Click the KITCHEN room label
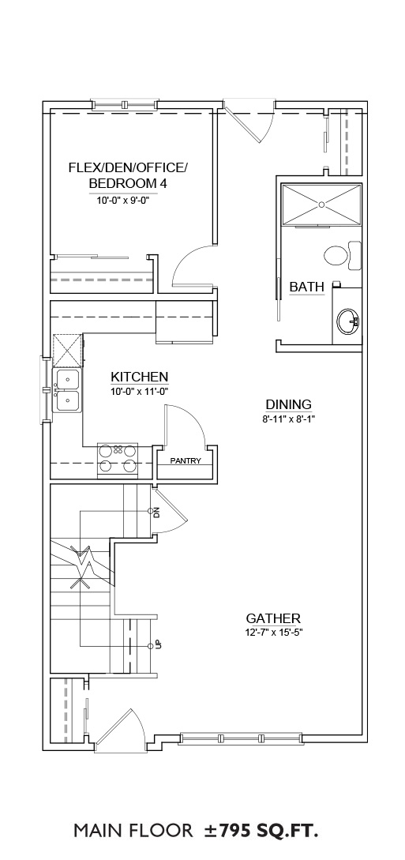139,377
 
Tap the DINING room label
289,405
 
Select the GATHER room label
273,618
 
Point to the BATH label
307,287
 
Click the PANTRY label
186,460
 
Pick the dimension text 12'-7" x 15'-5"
274,632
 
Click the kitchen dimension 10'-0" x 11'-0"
139,392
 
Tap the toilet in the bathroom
343,255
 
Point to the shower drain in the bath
321,205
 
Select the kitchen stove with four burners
118,459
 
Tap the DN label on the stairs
156,513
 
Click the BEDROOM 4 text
128,183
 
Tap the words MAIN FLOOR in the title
133,832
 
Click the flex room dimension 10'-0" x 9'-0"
123,201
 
